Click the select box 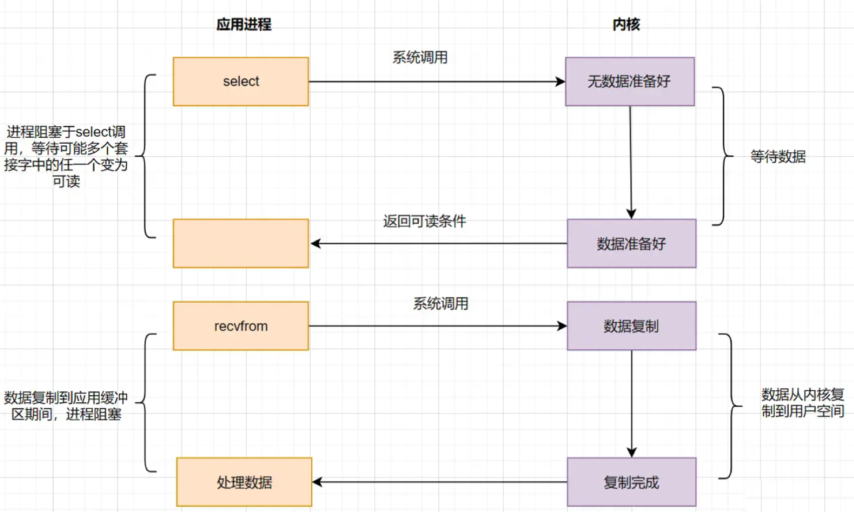tap(241, 82)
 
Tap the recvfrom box tap(241, 326)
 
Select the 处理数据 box tap(245, 482)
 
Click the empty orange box tap(241, 243)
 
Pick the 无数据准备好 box tap(630, 82)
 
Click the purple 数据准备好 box tap(632, 243)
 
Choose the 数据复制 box tap(632, 326)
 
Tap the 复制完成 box tap(632, 482)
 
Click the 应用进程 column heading tap(244, 25)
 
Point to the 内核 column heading tap(626, 25)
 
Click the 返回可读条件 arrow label tap(424, 221)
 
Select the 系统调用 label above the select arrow tap(420, 58)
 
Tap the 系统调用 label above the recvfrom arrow tap(441, 304)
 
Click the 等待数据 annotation tap(778, 157)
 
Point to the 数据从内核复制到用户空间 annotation tap(802, 403)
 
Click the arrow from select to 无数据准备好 tap(437, 82)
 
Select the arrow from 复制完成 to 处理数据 tap(440, 482)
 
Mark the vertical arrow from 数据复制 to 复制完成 tap(632, 404)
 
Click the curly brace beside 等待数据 tap(724, 156)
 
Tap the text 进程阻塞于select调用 tap(66, 132)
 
